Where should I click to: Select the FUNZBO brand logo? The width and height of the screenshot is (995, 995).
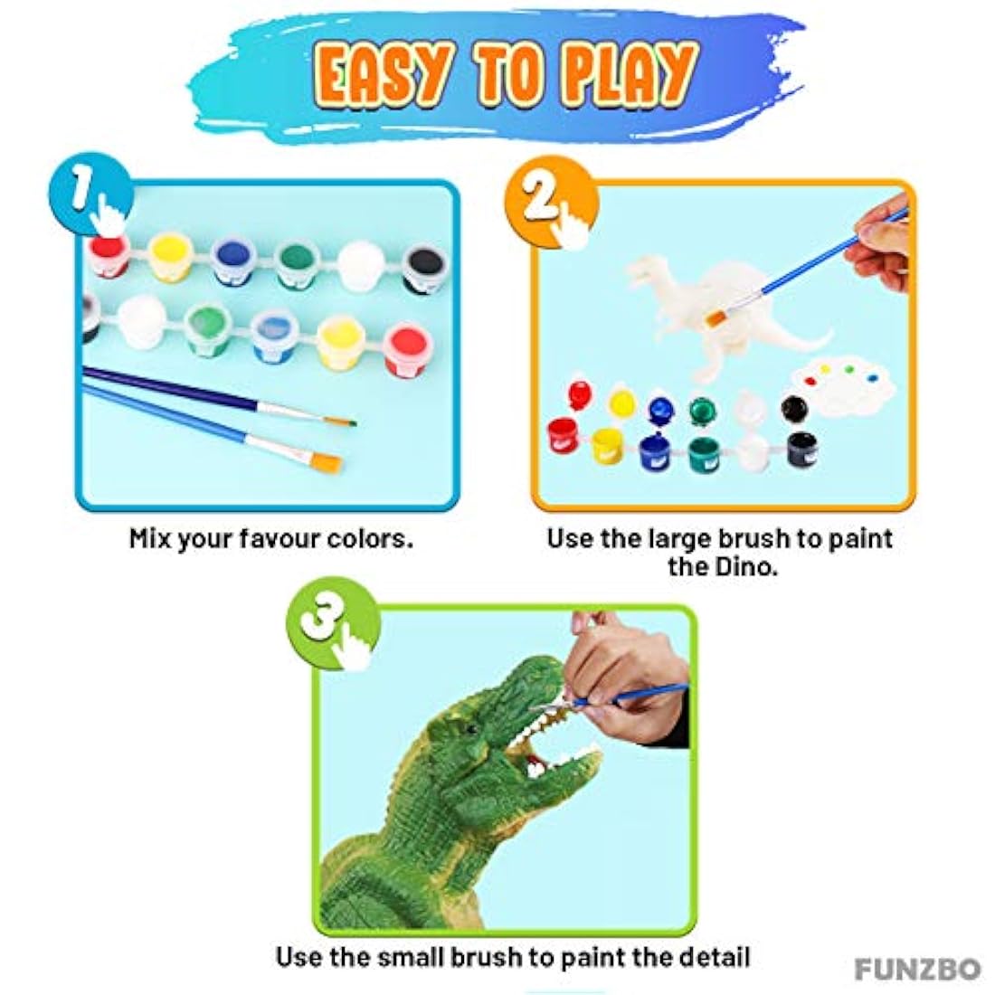point(917,969)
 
